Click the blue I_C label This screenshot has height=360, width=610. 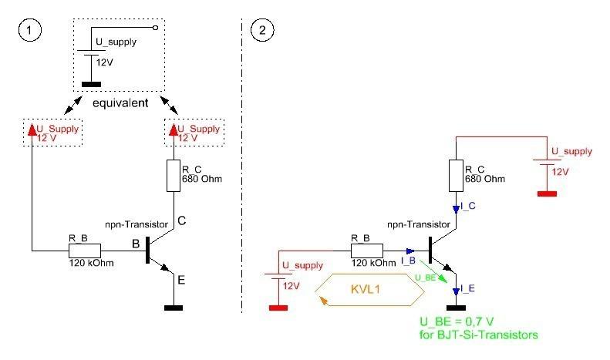(x=467, y=206)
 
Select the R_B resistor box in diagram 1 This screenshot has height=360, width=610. (x=84, y=251)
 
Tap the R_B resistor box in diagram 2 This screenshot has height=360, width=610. (x=366, y=251)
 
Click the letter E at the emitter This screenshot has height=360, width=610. (x=181, y=281)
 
